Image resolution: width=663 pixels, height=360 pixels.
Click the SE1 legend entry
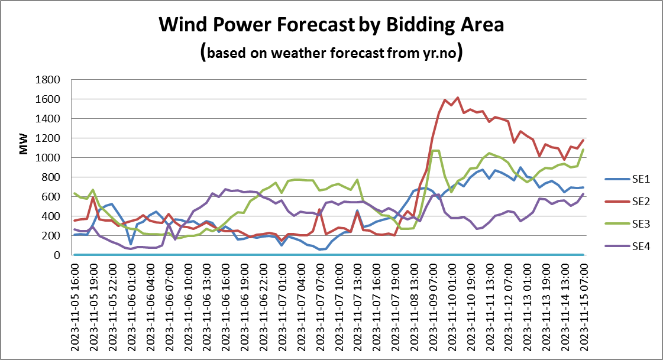[x=628, y=179]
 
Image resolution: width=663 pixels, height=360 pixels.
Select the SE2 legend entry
[x=628, y=202]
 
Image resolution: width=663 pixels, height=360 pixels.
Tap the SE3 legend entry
[x=628, y=224]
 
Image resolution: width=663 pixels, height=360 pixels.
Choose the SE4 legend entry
[x=628, y=247]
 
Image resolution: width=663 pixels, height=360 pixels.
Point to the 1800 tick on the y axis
[x=48, y=79]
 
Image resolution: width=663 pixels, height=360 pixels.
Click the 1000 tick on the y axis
[x=48, y=158]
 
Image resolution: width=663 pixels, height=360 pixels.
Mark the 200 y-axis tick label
[x=51, y=236]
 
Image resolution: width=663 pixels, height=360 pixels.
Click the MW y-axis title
[x=24, y=144]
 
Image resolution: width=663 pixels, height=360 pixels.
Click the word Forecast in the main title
[x=315, y=24]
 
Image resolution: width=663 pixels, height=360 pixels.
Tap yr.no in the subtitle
[x=440, y=53]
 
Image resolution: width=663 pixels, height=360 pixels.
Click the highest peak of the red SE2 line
[x=458, y=98]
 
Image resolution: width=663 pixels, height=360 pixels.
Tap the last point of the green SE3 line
[x=584, y=150]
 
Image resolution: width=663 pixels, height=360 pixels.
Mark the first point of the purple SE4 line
[x=75, y=229]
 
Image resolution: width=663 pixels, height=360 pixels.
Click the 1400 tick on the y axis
[x=48, y=119]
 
